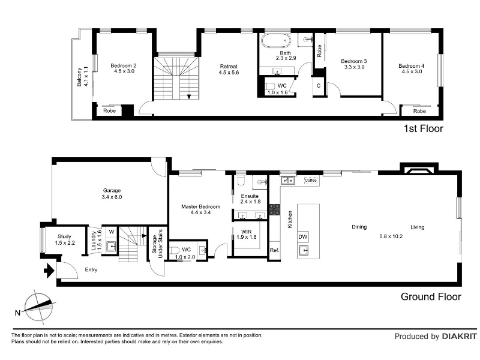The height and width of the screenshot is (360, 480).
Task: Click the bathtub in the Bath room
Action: (x=275, y=40)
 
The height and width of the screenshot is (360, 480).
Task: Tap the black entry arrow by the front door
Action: (x=49, y=271)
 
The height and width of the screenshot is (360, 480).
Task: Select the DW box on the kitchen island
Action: (x=303, y=236)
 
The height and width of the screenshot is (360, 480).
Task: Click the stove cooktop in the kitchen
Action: (x=275, y=209)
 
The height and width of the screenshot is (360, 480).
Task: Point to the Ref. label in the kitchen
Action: (x=275, y=250)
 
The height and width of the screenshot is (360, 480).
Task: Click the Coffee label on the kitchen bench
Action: (x=311, y=181)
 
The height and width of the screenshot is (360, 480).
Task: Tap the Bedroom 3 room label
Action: (x=354, y=61)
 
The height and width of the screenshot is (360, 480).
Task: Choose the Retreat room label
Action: (x=229, y=67)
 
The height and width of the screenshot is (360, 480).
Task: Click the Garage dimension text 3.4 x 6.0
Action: (x=112, y=197)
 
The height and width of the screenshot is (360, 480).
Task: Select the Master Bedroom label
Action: (x=200, y=206)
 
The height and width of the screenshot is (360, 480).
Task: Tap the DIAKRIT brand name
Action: (x=460, y=337)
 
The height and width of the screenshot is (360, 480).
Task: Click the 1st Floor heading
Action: (x=424, y=128)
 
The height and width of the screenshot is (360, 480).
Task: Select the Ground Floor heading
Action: (x=431, y=296)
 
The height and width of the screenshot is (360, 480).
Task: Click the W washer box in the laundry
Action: (x=111, y=232)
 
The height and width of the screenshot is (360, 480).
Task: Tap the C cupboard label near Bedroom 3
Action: (x=319, y=86)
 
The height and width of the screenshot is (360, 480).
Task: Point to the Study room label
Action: (x=64, y=236)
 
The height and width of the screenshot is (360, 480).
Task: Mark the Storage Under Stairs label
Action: (x=157, y=244)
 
